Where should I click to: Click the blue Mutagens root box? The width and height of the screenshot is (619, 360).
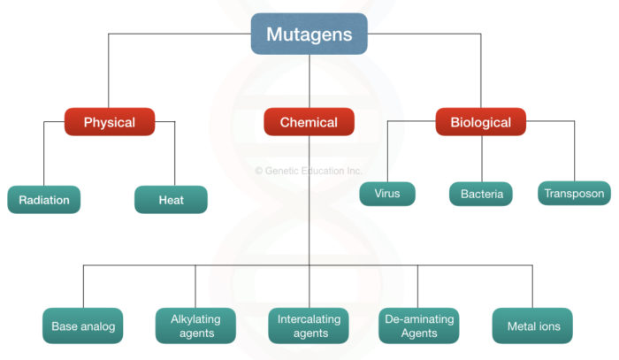(309, 34)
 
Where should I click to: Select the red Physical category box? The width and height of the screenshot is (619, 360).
(109, 122)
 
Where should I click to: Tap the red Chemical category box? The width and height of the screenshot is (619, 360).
(309, 122)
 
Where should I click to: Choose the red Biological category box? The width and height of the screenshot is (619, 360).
(481, 122)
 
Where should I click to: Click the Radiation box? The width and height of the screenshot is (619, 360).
(44, 200)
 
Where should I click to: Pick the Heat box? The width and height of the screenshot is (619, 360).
(171, 200)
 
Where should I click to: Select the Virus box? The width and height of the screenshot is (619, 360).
(387, 194)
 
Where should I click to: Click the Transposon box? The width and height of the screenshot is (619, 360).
(574, 194)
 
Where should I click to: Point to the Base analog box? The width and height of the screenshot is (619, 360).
(83, 326)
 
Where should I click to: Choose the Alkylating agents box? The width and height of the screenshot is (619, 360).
(195, 326)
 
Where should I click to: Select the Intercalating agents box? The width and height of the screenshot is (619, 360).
(309, 326)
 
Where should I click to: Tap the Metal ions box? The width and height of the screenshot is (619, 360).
(532, 326)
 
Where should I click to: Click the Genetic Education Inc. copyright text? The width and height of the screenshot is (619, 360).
(309, 171)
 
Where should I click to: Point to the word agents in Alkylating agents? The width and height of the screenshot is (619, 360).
(195, 333)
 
